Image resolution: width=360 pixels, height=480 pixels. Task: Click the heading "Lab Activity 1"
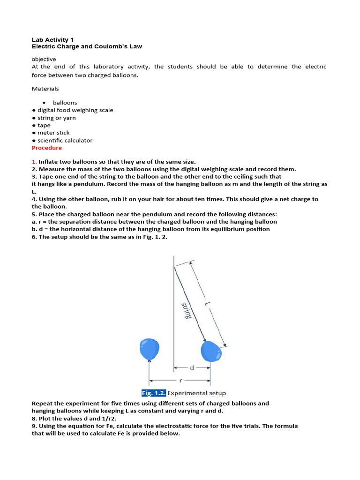click(x=52, y=40)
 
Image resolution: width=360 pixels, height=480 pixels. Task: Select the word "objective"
click(x=44, y=59)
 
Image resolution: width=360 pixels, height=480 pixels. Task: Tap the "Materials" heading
click(x=45, y=89)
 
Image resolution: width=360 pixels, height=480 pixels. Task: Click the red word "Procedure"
click(x=46, y=148)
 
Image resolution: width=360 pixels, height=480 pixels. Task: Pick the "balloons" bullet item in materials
click(x=65, y=103)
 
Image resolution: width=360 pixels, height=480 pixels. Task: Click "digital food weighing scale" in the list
click(x=75, y=110)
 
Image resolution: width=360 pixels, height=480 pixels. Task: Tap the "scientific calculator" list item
click(x=65, y=140)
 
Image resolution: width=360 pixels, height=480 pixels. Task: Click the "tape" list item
click(x=44, y=125)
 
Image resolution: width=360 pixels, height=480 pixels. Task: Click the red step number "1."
click(x=34, y=162)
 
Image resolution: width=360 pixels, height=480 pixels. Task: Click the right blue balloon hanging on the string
click(x=210, y=351)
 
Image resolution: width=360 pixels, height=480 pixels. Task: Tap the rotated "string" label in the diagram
click(x=186, y=311)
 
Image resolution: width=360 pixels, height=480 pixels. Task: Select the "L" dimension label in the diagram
click(x=206, y=304)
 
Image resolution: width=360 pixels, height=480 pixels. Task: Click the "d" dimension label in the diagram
click(x=192, y=368)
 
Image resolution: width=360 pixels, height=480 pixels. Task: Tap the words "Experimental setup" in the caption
click(x=196, y=393)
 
